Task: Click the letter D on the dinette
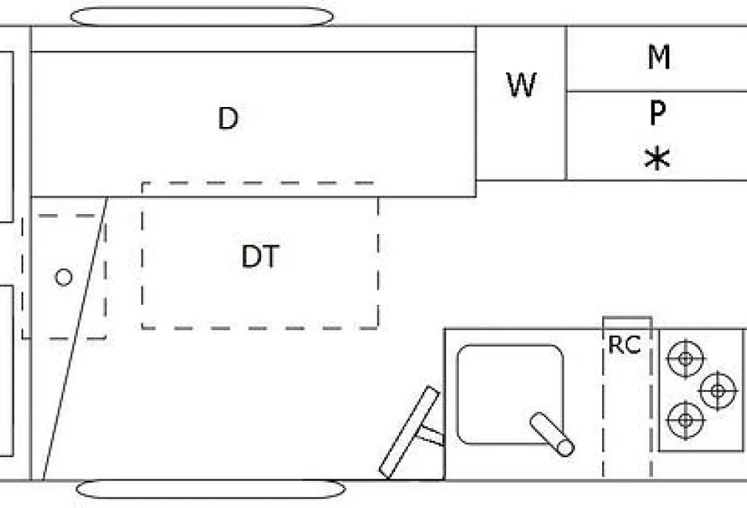pos(228,118)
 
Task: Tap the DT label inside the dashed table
pos(260,256)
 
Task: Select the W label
pos(521,85)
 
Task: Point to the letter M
pos(659,57)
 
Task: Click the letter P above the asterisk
pos(658,113)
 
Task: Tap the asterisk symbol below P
pos(657,159)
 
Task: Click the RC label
pos(624,345)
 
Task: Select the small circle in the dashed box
pos(63,277)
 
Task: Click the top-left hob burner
pos(685,359)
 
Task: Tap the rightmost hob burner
pos(718,391)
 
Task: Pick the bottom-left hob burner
pos(685,420)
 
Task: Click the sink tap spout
pos(552,434)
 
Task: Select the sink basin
pos(510,394)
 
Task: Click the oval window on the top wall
pos(202,17)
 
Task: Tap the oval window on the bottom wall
pos(210,489)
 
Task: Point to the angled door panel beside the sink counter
pos(409,432)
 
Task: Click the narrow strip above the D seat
pos(253,38)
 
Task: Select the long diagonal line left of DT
pos(75,338)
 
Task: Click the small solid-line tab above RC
pos(628,323)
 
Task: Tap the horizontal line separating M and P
pos(656,91)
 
